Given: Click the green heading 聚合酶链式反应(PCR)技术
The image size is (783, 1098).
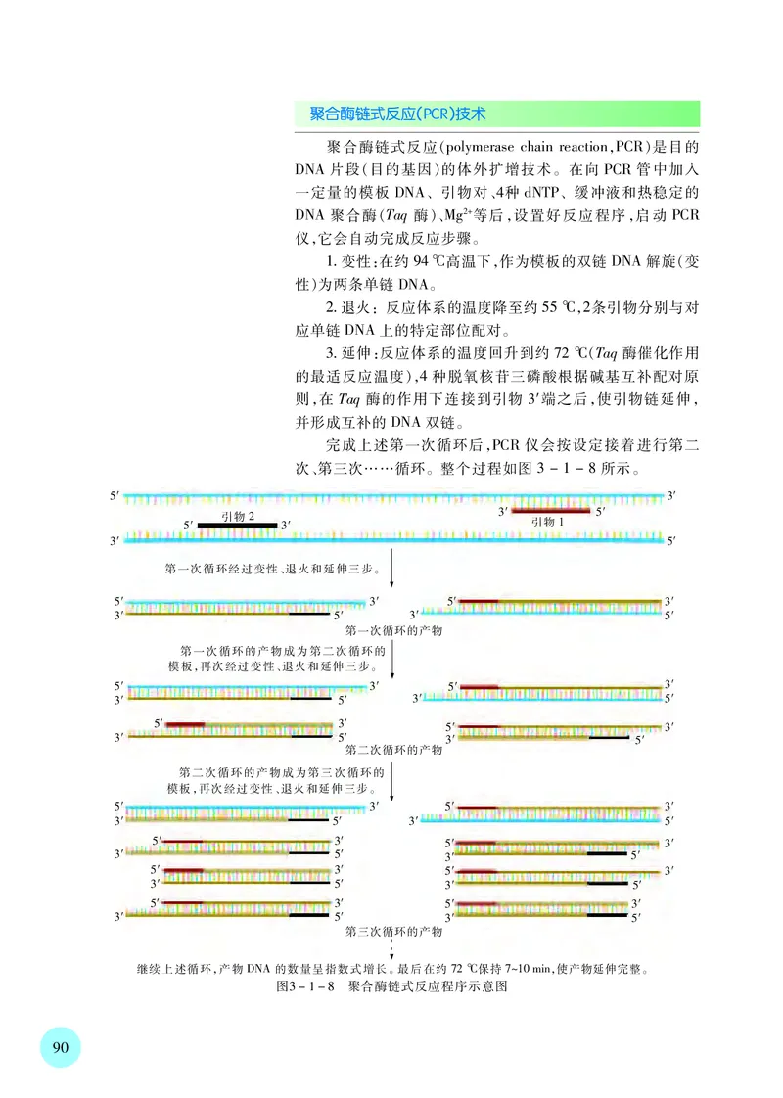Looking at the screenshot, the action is (397, 114).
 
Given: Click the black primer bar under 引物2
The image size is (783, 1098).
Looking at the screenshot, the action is (238, 526).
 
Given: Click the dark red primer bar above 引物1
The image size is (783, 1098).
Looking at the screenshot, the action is (550, 511).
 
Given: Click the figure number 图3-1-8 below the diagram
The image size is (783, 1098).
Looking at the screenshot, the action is (307, 988).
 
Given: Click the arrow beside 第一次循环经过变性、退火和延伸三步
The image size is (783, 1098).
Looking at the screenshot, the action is (392, 568).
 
